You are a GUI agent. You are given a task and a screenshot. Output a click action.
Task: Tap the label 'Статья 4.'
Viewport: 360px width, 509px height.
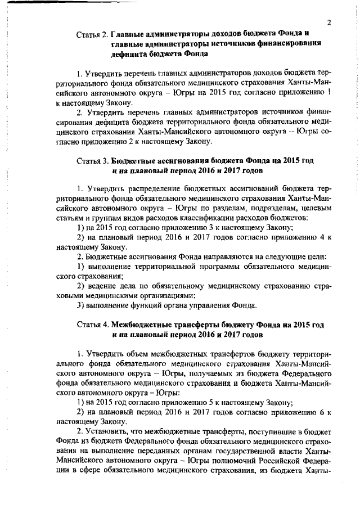92,326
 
